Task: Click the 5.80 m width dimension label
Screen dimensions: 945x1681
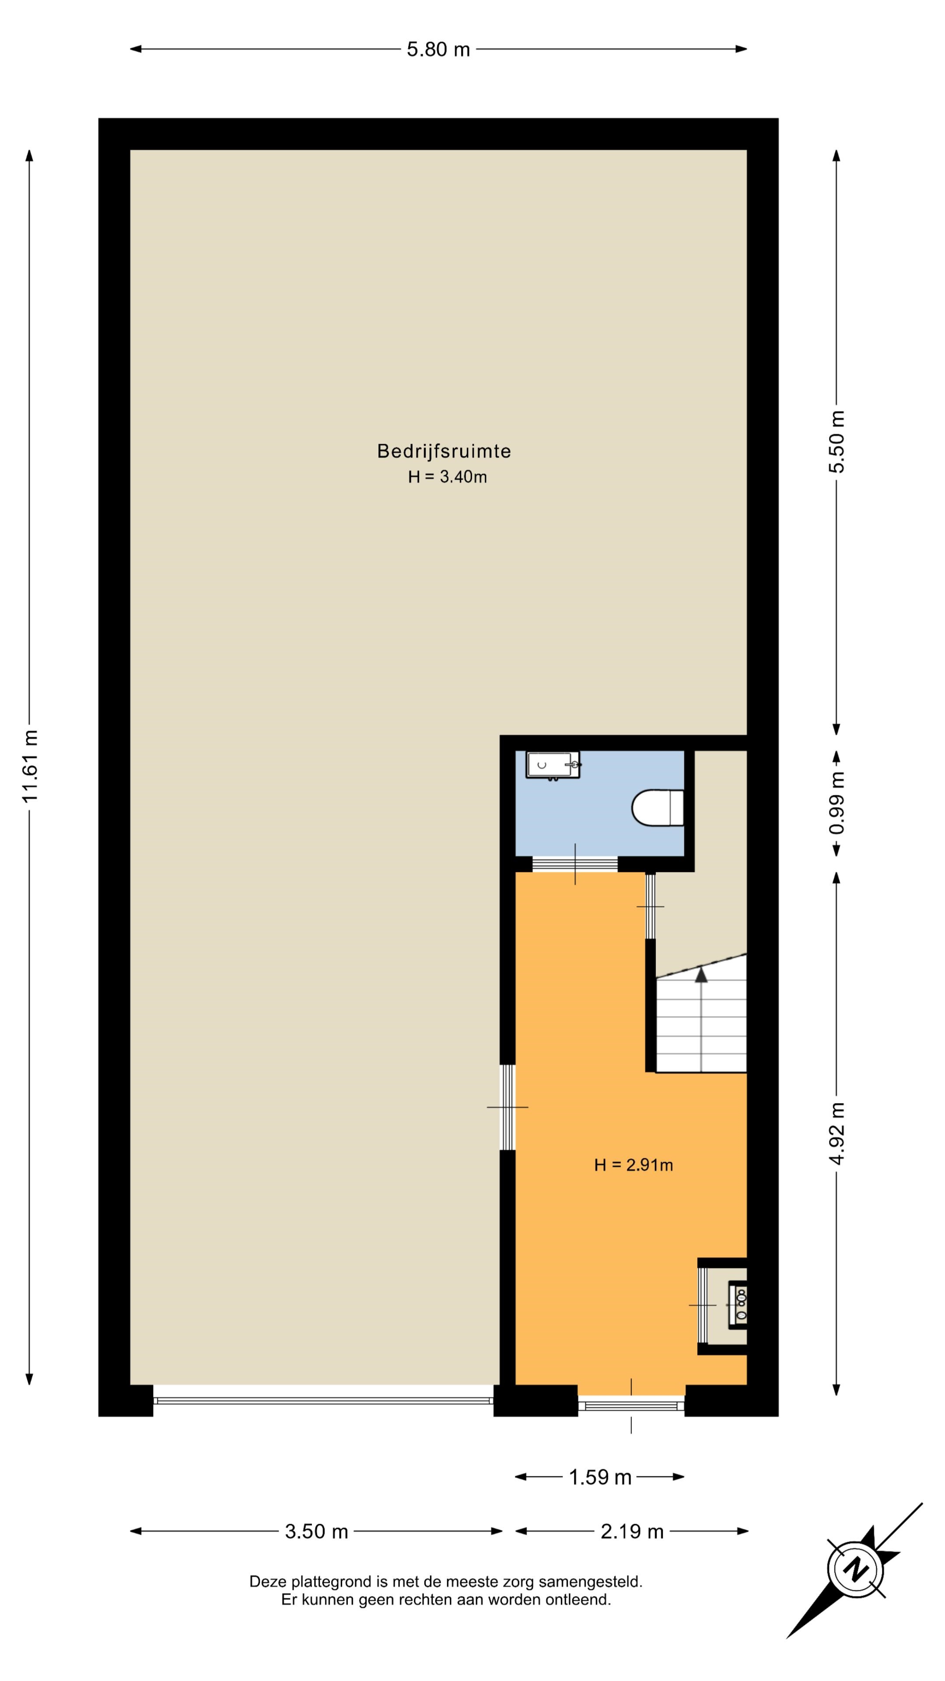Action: [x=438, y=49]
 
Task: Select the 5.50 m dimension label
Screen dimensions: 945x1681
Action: [x=837, y=442]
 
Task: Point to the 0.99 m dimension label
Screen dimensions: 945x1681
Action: [x=837, y=803]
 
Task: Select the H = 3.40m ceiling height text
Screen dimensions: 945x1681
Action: [x=448, y=477]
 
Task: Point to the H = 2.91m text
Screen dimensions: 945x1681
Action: [x=633, y=1165]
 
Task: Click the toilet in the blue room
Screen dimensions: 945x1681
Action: [x=658, y=808]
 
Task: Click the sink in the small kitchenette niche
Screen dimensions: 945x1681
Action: [x=738, y=1305]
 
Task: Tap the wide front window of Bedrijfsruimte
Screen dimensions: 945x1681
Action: [x=323, y=1400]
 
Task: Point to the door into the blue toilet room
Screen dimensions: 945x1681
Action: [x=574, y=864]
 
